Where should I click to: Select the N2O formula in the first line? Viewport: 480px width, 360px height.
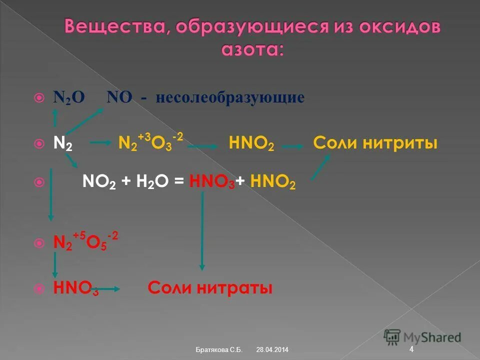click(x=69, y=97)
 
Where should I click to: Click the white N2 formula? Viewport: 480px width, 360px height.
click(x=63, y=144)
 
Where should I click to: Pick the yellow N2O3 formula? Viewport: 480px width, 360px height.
click(x=150, y=143)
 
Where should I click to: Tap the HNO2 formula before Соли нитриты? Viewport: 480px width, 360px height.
click(x=251, y=144)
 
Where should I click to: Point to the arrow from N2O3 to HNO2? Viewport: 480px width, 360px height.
click(x=203, y=147)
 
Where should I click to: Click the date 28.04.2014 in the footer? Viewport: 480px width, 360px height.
click(x=272, y=349)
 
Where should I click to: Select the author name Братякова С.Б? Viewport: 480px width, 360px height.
click(x=219, y=349)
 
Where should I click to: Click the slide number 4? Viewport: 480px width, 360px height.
click(x=411, y=349)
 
